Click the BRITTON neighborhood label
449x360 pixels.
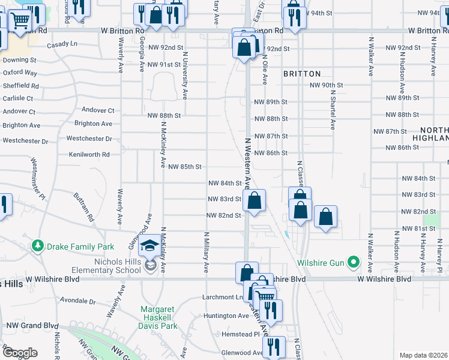pyautogui.click(x=302, y=73)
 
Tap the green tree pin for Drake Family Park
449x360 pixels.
pyautogui.click(x=38, y=246)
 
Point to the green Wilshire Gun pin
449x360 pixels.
pyautogui.click(x=354, y=262)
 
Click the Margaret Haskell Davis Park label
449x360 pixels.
pyautogui.click(x=159, y=317)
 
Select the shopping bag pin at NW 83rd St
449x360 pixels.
pyautogui.click(x=255, y=200)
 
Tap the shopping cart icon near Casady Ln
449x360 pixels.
pyautogui.click(x=20, y=21)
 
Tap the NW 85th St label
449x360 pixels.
pyautogui.click(x=184, y=166)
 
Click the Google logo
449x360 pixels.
pyautogui.click(x=20, y=353)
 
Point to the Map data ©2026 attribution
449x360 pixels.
pyautogui.click(x=423, y=355)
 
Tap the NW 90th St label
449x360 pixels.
pyautogui.click(x=326, y=85)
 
